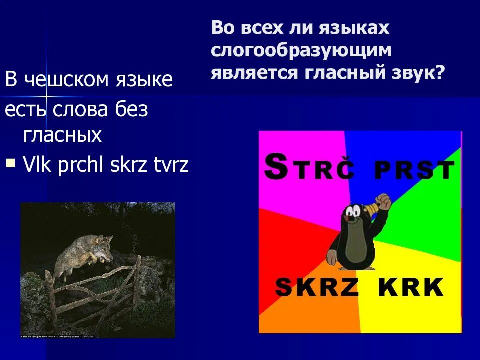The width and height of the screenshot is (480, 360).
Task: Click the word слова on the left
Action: [81, 110]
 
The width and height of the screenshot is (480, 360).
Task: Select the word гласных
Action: [62, 135]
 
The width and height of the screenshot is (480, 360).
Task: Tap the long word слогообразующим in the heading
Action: [301, 50]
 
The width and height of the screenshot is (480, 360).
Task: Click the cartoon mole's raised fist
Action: [383, 202]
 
